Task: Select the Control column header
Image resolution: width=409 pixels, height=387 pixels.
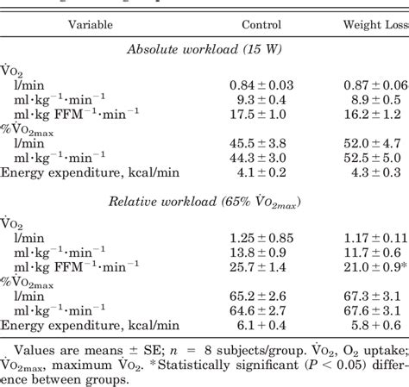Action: (261, 26)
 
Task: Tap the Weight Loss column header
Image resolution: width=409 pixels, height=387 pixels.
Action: (374, 26)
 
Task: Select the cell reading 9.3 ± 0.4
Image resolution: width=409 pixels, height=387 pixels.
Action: (262, 100)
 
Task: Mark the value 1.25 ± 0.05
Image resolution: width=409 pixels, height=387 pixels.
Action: (261, 238)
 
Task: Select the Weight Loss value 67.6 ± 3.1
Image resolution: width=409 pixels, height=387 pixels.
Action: (373, 310)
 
